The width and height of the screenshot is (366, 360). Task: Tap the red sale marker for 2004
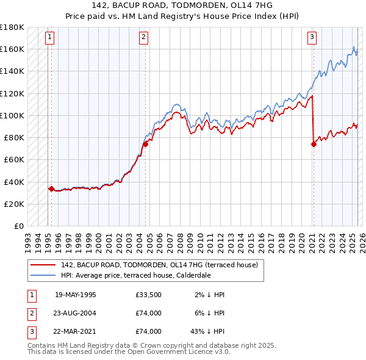[x=146, y=144]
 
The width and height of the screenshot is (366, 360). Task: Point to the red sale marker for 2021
[x=314, y=144]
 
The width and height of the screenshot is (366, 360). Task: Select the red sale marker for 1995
[x=51, y=189]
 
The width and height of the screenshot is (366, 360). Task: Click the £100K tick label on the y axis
[x=12, y=115]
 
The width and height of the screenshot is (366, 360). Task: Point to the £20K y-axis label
[x=15, y=204]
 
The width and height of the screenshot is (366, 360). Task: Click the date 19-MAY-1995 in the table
[x=76, y=295]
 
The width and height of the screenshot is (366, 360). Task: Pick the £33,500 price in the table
[x=149, y=295]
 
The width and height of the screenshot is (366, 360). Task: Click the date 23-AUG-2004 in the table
[x=76, y=313]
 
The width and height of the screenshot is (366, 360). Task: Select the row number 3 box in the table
[x=31, y=331]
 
